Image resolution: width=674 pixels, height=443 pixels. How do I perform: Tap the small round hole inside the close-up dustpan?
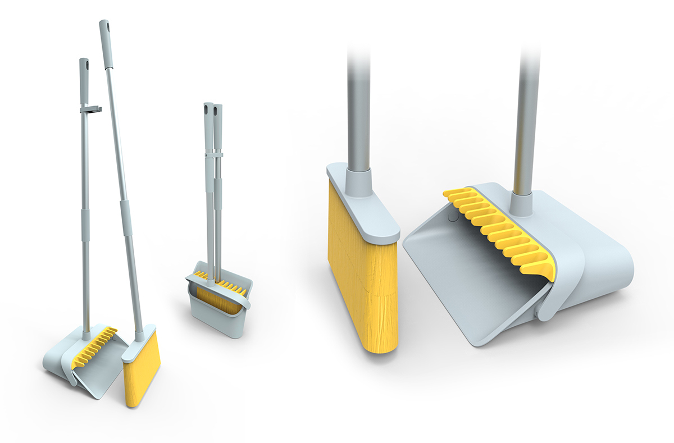coord(453,214)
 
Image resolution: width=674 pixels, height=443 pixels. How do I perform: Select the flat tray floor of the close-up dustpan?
coord(466,281)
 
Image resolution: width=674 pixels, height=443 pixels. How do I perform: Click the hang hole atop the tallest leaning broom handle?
coord(105,26)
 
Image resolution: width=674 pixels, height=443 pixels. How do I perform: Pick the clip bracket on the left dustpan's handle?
coord(90,109)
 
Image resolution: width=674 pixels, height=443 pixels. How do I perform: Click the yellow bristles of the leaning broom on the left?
coord(140,371)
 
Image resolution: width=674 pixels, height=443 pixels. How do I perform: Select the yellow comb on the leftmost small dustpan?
coord(98,342)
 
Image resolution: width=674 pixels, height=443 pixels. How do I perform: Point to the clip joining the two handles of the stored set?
coord(214,153)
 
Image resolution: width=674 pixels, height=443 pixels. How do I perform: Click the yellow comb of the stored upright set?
coord(227,284)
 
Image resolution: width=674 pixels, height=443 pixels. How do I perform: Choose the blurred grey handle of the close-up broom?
coord(358,101)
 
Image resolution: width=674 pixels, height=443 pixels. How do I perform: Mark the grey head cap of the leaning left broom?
coord(138,345)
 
